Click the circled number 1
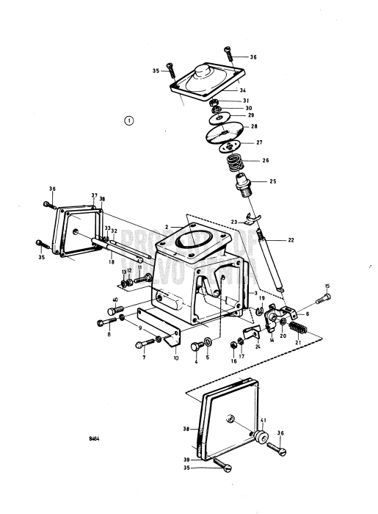point(129,120)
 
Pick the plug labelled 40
point(114,311)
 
